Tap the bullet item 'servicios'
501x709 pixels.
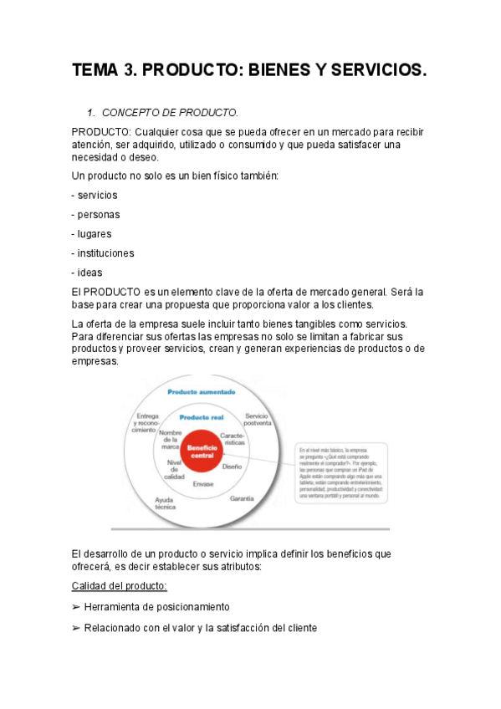(x=97, y=195)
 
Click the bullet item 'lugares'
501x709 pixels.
(x=94, y=233)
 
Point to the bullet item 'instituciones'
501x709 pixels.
(x=105, y=252)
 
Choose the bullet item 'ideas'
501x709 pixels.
(x=88, y=272)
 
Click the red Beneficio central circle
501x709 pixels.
(x=202, y=451)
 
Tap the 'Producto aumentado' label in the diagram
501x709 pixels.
(x=202, y=391)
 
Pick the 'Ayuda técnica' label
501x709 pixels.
(x=164, y=503)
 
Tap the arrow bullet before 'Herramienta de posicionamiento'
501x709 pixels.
(x=76, y=607)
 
